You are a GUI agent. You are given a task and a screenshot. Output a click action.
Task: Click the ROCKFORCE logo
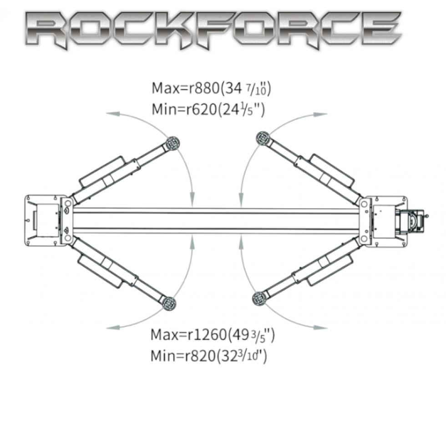click(213, 30)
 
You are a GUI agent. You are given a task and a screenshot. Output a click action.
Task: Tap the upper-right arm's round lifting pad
click(263, 138)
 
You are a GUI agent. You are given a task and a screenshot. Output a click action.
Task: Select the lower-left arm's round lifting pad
click(169, 303)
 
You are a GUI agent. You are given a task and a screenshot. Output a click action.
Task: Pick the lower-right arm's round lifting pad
click(259, 299)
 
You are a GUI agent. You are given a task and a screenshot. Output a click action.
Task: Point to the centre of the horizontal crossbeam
click(216, 220)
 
